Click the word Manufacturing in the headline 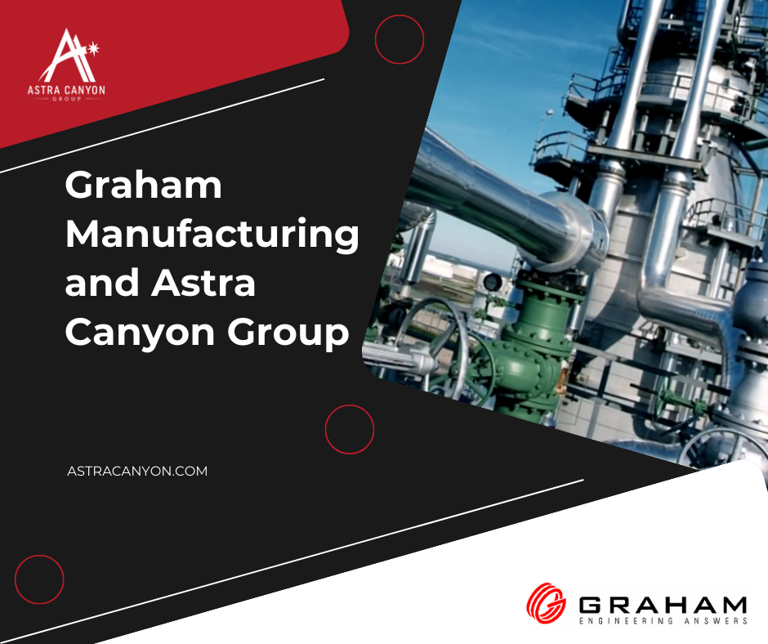pyautogui.click(x=212, y=235)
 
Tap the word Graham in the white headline pyautogui.click(x=144, y=185)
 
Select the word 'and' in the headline pyautogui.click(x=102, y=283)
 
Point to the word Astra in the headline pyautogui.click(x=203, y=283)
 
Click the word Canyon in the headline pyautogui.click(x=140, y=333)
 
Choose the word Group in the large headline pyautogui.click(x=288, y=333)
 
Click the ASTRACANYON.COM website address pyautogui.click(x=137, y=471)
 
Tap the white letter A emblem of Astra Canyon pyautogui.click(x=66, y=56)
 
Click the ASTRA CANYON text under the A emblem pyautogui.click(x=66, y=90)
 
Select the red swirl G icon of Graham pyautogui.click(x=546, y=602)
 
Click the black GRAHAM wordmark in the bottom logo pyautogui.click(x=663, y=605)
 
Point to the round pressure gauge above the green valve pyautogui.click(x=492, y=282)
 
